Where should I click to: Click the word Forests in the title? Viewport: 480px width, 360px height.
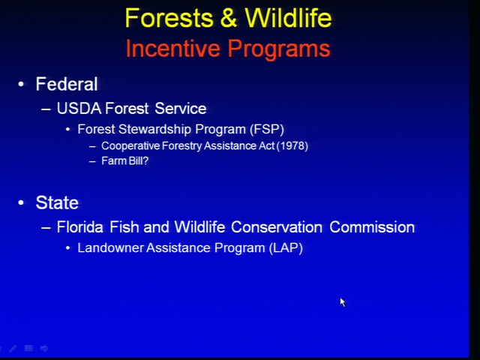[x=169, y=18]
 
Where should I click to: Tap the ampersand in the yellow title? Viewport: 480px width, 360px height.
[x=229, y=18]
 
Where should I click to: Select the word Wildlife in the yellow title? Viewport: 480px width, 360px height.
[x=288, y=18]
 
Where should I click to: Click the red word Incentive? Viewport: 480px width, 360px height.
[x=173, y=48]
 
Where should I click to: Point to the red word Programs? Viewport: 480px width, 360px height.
[x=279, y=49]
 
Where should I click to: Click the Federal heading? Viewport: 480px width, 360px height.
[x=67, y=84]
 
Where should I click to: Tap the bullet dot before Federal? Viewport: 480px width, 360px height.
[x=21, y=84]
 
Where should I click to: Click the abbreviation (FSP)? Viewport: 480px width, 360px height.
[x=267, y=129]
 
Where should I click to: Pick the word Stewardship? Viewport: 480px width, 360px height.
[x=155, y=129]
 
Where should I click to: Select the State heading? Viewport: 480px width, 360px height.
[x=57, y=202]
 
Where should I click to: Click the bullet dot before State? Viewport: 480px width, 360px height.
[x=21, y=202]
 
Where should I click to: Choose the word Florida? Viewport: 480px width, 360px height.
[x=80, y=227]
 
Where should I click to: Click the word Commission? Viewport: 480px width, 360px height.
[x=372, y=227]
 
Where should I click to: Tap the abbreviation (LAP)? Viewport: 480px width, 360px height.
[x=286, y=248]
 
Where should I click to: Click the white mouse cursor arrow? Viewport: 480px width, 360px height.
[x=343, y=302]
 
